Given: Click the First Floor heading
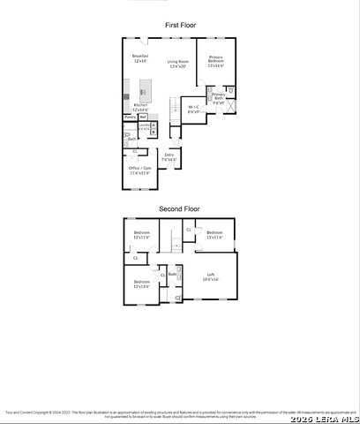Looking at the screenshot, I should pyautogui.click(x=180, y=26).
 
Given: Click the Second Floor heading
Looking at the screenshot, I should pyautogui.click(x=179, y=208).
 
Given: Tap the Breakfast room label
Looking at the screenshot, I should pyautogui.click(x=139, y=58).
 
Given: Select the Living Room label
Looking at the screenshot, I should pyautogui.click(x=178, y=64).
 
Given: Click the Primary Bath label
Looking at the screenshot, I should pyautogui.click(x=218, y=97).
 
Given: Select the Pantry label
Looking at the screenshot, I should pyautogui.click(x=130, y=117).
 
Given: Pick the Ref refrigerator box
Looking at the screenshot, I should pyautogui.click(x=142, y=117).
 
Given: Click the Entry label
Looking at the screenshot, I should pyautogui.click(x=169, y=156).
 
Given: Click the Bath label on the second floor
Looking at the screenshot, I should pyautogui.click(x=173, y=275).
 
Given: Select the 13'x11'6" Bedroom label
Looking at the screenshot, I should pyautogui.click(x=214, y=236).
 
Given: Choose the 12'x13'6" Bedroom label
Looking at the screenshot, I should pyautogui.click(x=140, y=284).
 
